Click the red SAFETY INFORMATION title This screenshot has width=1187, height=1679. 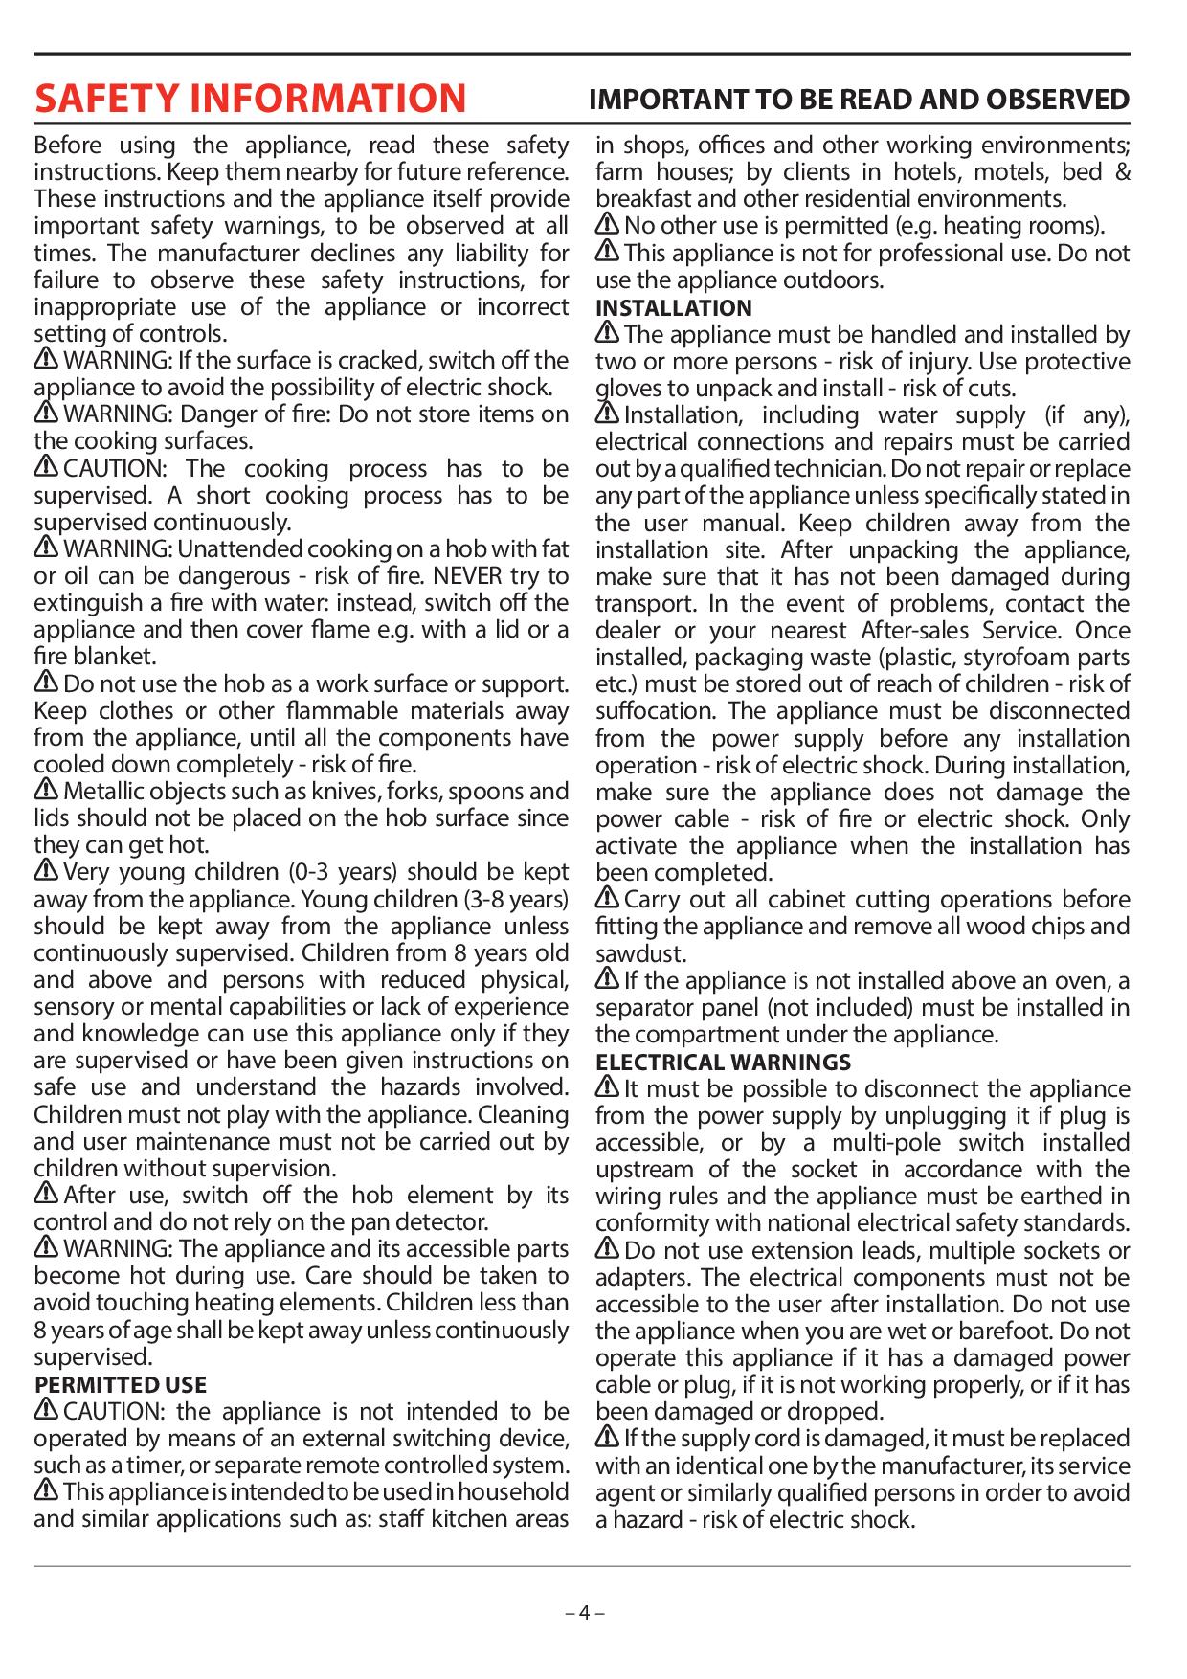[x=250, y=99]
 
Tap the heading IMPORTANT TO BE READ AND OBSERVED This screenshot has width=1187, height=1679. [x=859, y=100]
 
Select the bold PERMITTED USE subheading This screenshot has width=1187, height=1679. [x=121, y=1384]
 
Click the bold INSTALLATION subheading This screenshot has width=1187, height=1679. [x=674, y=308]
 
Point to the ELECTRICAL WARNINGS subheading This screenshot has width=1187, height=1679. [x=723, y=1063]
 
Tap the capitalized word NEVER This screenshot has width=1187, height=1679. [x=464, y=576]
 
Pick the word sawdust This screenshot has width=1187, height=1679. [x=640, y=954]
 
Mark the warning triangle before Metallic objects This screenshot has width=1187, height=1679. [x=46, y=791]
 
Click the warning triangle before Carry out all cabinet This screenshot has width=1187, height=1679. [x=608, y=899]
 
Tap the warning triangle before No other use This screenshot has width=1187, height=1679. [x=608, y=225]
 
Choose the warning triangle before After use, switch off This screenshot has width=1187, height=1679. [x=46, y=1195]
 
